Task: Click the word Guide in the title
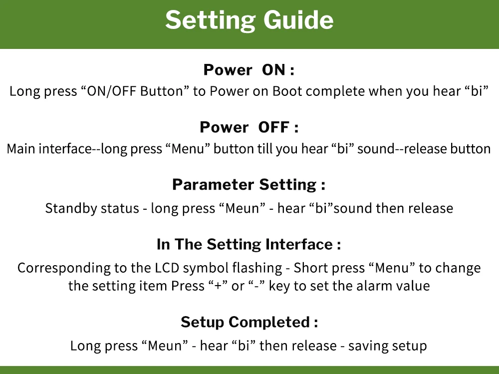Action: pos(298,20)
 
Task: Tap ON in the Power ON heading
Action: pos(273,70)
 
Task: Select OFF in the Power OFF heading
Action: pos(273,127)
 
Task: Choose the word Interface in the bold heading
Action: pos(299,244)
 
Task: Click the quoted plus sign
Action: pos(218,286)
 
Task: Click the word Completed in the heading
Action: pos(269,323)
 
